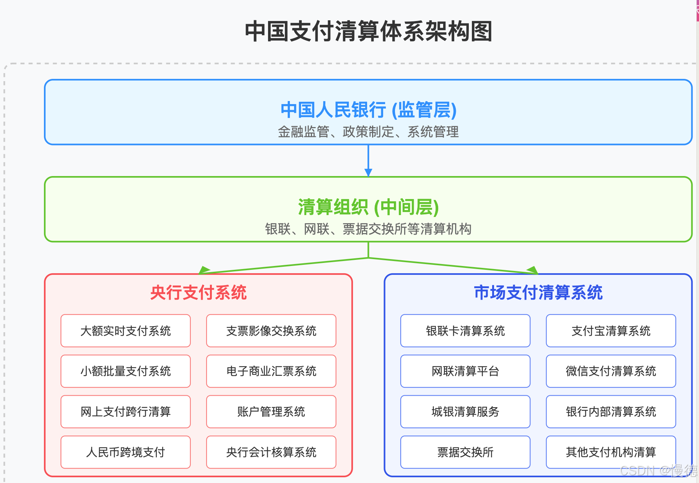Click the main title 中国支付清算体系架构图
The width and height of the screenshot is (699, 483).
(368, 31)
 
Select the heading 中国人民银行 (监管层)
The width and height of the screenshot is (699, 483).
(368, 110)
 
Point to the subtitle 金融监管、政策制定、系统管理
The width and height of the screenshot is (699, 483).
(368, 132)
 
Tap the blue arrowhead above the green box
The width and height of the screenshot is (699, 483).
(368, 173)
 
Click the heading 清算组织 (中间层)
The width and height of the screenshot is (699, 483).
(368, 207)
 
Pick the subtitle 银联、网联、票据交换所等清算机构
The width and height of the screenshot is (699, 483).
(368, 229)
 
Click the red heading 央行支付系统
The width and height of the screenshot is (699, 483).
(198, 293)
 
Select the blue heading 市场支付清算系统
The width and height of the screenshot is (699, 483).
(538, 293)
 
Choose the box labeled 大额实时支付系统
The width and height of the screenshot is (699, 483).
(125, 331)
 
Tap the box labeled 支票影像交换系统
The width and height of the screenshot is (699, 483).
(271, 331)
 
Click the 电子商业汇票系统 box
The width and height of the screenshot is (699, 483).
(271, 371)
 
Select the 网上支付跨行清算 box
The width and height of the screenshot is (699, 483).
(125, 412)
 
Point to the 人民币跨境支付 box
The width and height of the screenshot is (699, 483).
(125, 452)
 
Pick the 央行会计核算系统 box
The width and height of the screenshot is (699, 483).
(271, 452)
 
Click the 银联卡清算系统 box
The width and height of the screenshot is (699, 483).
(465, 331)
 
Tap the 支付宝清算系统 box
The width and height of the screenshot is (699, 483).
(611, 331)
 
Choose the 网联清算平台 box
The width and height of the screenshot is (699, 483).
(465, 371)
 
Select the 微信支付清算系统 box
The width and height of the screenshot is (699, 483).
(611, 371)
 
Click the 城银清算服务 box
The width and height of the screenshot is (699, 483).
(465, 412)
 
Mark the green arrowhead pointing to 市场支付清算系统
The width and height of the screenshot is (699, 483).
(533, 271)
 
